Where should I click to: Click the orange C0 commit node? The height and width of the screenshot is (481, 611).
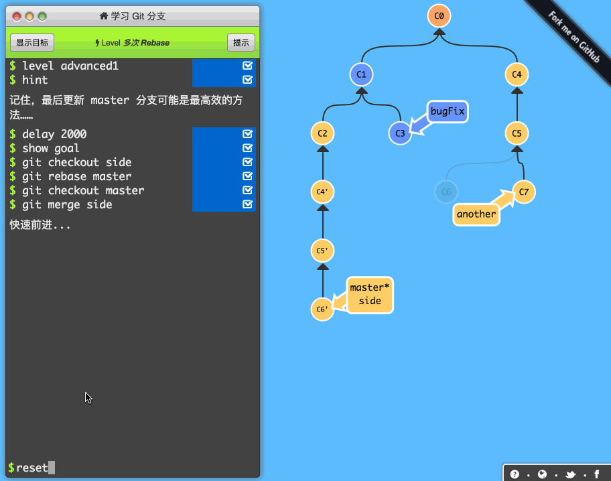pyautogui.click(x=439, y=15)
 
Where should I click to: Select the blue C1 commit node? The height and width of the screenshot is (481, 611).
pyautogui.click(x=361, y=74)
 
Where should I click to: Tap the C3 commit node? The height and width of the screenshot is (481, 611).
pyautogui.click(x=400, y=133)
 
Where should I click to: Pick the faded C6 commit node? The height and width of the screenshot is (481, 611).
pyautogui.click(x=446, y=192)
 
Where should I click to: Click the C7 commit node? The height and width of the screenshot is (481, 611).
pyautogui.click(x=524, y=192)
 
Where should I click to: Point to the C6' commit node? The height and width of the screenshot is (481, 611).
pyautogui.click(x=322, y=310)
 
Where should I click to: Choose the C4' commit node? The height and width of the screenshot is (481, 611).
pyautogui.click(x=322, y=192)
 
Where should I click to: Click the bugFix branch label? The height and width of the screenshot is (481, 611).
pyautogui.click(x=448, y=111)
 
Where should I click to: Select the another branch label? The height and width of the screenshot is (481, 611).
pyautogui.click(x=476, y=214)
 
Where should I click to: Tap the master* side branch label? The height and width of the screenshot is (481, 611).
pyautogui.click(x=369, y=295)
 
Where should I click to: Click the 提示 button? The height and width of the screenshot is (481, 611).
pyautogui.click(x=241, y=43)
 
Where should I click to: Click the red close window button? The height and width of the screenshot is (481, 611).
pyautogui.click(x=17, y=16)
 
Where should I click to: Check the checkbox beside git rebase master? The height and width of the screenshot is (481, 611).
pyautogui.click(x=248, y=176)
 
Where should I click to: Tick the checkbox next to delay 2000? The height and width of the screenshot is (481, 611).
pyautogui.click(x=248, y=134)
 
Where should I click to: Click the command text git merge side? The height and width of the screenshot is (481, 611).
pyautogui.click(x=67, y=204)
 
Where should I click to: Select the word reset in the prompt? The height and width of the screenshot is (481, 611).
pyautogui.click(x=32, y=468)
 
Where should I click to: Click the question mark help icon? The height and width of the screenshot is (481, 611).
pyautogui.click(x=515, y=474)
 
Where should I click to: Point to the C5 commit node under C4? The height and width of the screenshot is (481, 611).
pyautogui.click(x=517, y=133)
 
